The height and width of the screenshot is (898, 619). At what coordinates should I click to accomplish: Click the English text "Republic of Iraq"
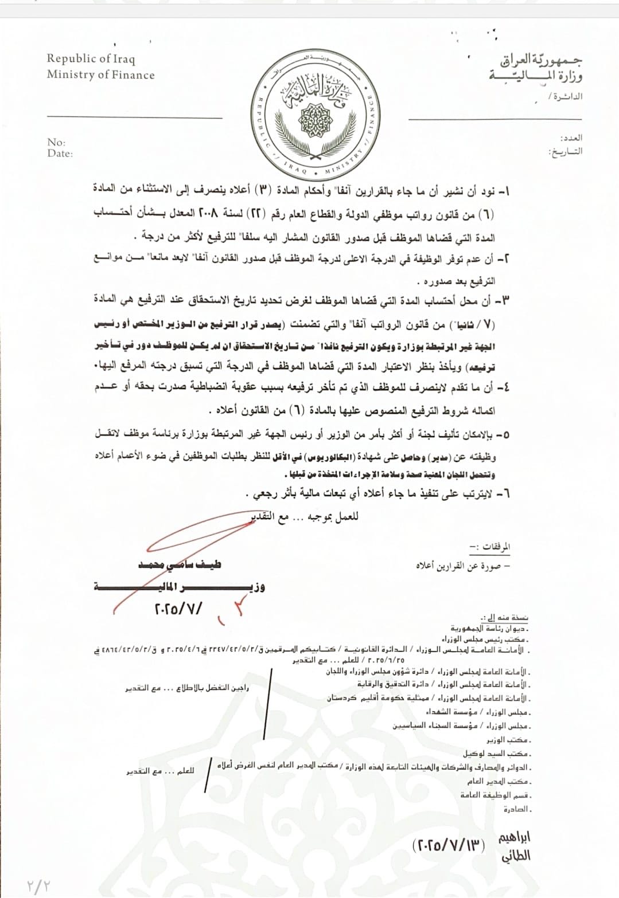pyautogui.click(x=91, y=58)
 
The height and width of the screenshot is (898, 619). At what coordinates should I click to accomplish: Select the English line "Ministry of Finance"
pyautogui.click(x=100, y=74)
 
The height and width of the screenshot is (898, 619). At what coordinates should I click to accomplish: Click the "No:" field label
pyautogui.click(x=56, y=142)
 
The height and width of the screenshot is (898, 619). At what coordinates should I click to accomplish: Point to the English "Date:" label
pyautogui.click(x=60, y=154)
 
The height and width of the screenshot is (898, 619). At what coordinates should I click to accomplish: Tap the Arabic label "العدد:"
pyautogui.click(x=571, y=138)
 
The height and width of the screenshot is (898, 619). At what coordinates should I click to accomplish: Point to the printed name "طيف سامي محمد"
pyautogui.click(x=180, y=564)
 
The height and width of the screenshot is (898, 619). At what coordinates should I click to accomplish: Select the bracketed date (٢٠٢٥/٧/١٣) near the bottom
pyautogui.click(x=449, y=845)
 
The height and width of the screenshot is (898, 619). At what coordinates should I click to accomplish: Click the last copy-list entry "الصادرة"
pyautogui.click(x=518, y=809)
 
